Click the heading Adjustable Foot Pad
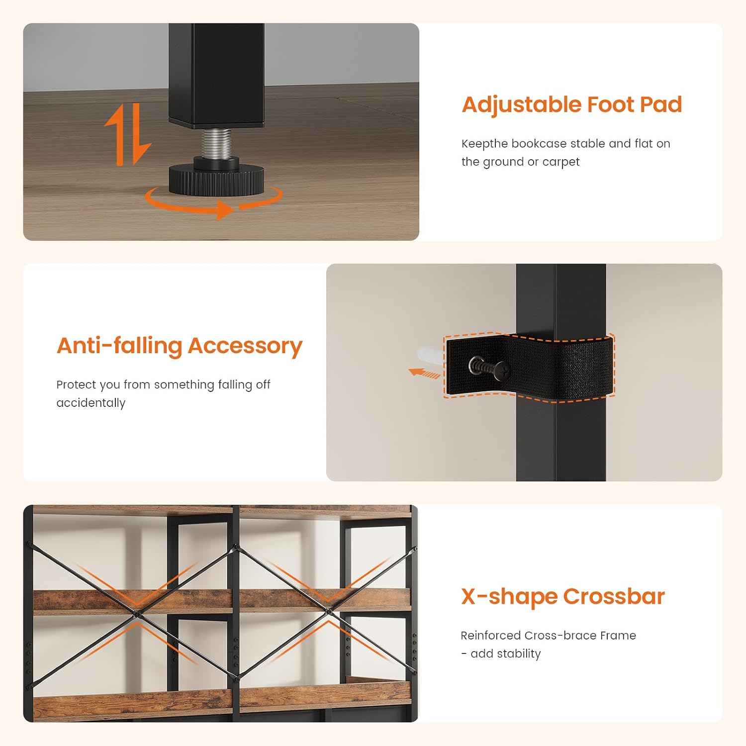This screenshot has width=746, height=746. coord(572,105)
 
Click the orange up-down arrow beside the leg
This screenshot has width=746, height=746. coord(128,135)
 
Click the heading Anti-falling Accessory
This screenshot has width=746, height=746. coord(180,346)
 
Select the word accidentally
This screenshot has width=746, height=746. coord(91,403)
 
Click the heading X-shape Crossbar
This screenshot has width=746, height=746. coord(563,596)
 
